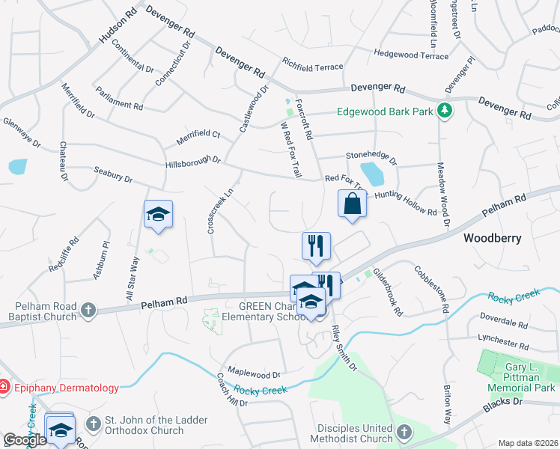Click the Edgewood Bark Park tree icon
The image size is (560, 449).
coord(445,111)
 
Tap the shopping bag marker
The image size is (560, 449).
coord(353,204)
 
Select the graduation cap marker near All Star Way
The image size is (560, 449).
coord(158,215)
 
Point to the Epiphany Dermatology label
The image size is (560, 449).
coord(64,388)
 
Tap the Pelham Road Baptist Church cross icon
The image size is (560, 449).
coord(88,309)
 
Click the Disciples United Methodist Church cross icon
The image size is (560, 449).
coord(404,432)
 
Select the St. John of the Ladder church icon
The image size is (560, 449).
coord(93,424)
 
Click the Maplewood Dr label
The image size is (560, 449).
coord(253,373)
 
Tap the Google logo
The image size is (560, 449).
coord(25,439)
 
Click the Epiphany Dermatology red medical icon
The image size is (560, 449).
coord(4,388)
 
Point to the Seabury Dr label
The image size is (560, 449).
coord(113,175)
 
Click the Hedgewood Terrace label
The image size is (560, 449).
coord(410,54)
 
